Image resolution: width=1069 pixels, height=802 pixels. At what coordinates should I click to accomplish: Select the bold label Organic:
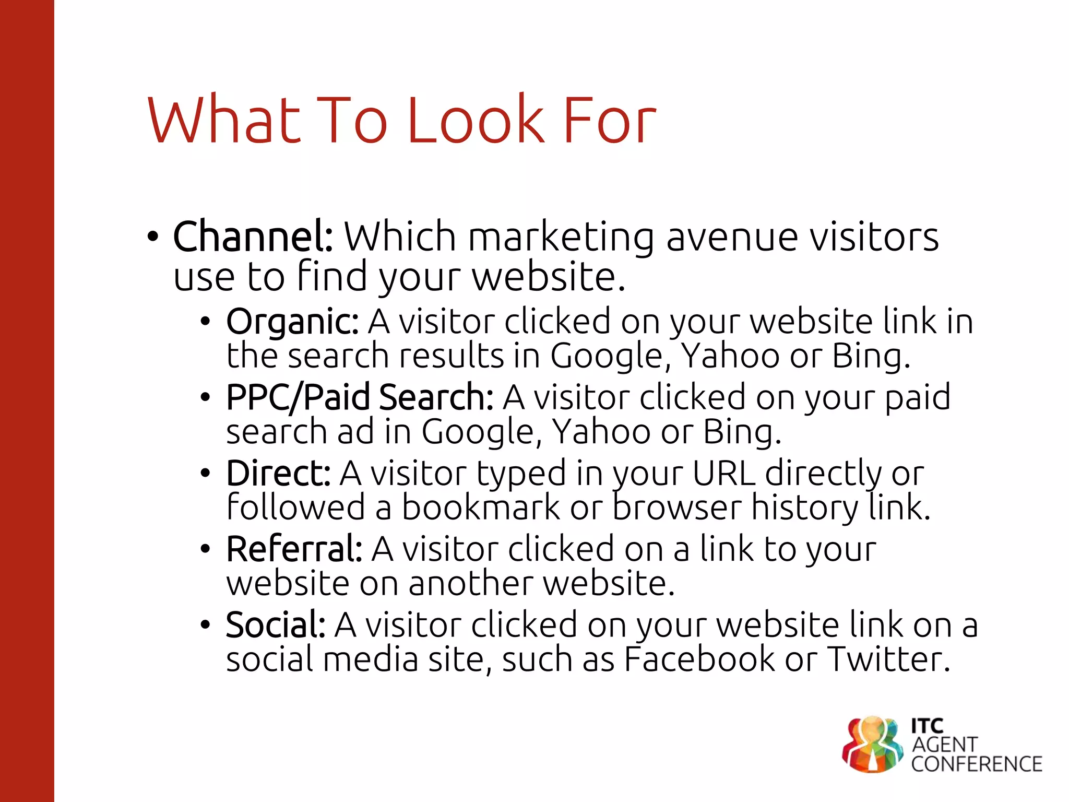292,322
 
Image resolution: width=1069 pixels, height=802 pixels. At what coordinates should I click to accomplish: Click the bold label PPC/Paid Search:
360,397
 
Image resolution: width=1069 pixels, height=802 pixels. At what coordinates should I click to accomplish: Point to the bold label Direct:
278,474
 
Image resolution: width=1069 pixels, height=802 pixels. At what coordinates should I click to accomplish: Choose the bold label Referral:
294,549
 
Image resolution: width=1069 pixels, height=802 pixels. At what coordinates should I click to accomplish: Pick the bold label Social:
276,625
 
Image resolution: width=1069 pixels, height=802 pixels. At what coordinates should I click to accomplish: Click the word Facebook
699,659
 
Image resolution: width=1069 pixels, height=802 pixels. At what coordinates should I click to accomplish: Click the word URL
723,474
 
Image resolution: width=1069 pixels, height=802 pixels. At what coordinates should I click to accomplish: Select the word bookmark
481,508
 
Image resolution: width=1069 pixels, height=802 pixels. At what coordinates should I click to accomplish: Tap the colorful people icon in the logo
872,744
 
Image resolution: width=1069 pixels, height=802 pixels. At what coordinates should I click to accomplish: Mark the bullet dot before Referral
205,549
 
